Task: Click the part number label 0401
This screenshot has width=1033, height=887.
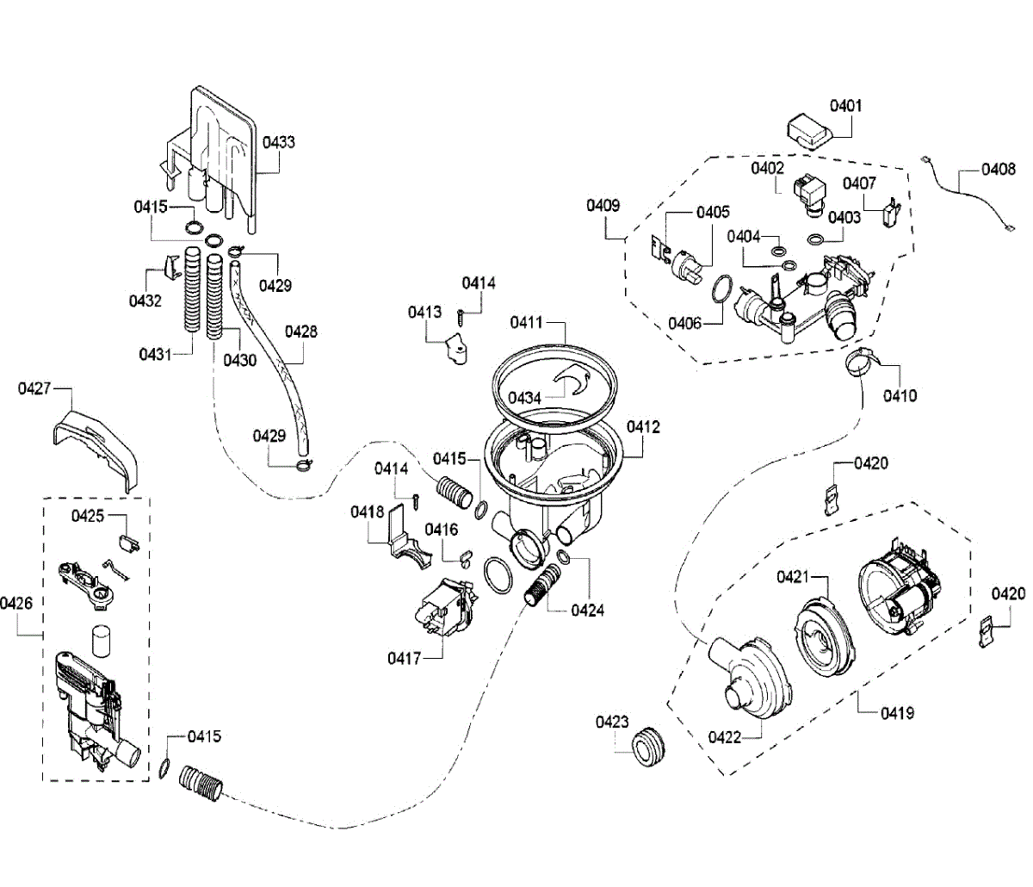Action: tap(845, 106)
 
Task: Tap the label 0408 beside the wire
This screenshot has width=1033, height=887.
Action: tap(999, 171)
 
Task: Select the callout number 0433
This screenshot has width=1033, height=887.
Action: tap(279, 142)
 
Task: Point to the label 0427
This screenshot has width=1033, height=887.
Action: tap(34, 389)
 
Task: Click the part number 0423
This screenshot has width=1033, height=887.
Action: tap(612, 723)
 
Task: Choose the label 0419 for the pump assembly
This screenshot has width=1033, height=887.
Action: tap(897, 712)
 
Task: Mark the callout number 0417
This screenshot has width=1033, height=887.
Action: tap(404, 659)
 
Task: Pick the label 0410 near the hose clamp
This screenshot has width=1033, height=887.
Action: tap(900, 396)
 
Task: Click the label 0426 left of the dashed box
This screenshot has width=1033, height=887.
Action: tap(16, 604)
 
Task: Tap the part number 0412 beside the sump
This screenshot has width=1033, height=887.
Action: tap(643, 427)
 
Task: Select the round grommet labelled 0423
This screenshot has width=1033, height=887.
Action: tap(648, 743)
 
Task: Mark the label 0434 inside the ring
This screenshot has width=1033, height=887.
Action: tap(524, 398)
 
